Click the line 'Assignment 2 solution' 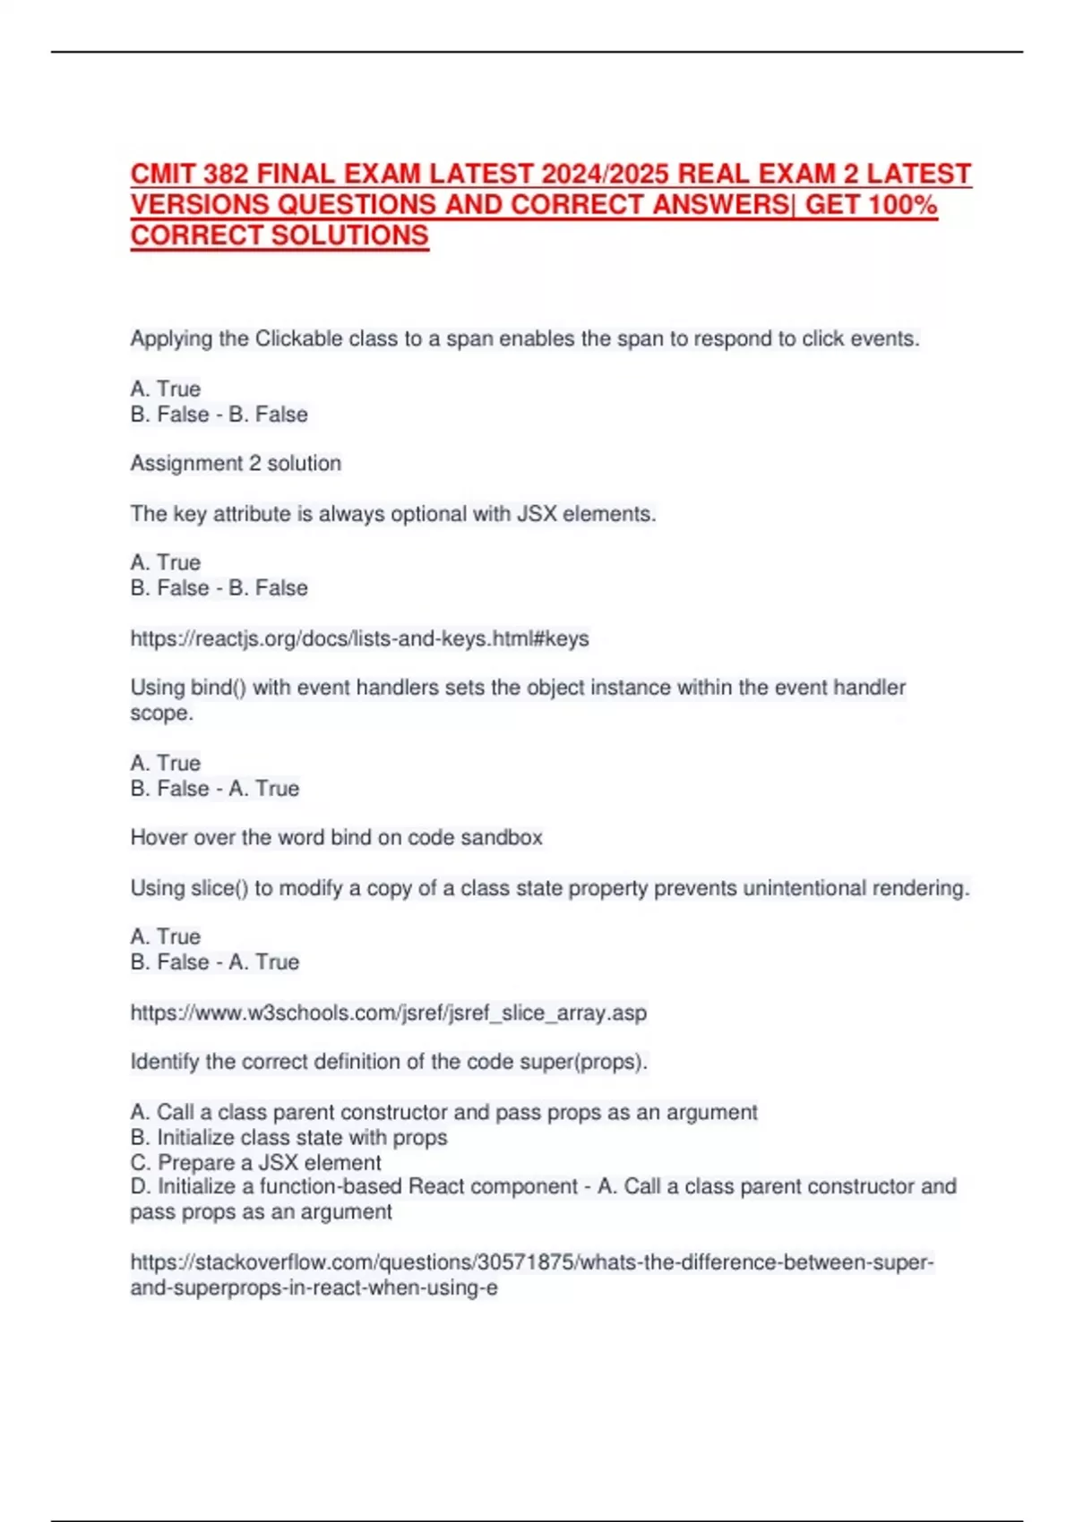point(236,463)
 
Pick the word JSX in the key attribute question point(537,514)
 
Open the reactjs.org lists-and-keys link point(359,638)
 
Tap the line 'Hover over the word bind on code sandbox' point(336,837)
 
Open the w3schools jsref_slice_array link point(388,1013)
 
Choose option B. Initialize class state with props point(288,1137)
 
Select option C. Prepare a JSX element point(255,1162)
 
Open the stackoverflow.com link point(532,1262)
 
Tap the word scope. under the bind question point(161,713)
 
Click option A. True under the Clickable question point(166,389)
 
